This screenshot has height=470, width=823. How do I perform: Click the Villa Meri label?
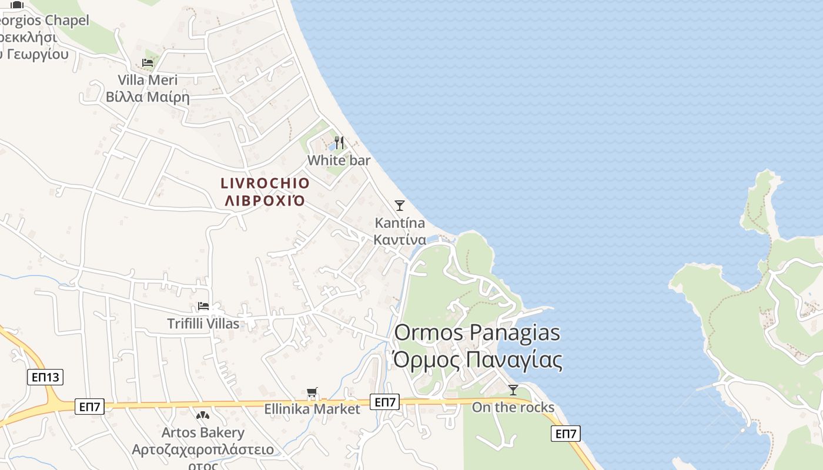coord(148,80)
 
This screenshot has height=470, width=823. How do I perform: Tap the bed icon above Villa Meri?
coord(148,63)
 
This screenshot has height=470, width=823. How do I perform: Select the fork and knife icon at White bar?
coord(339,143)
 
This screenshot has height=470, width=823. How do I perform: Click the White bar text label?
coord(339,160)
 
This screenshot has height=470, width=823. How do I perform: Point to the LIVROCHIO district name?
coord(265,183)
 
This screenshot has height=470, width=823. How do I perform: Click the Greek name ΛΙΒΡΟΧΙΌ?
coord(265,201)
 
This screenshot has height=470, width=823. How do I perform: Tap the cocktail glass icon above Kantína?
coord(400,205)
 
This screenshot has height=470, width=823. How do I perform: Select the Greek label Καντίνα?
coord(400,240)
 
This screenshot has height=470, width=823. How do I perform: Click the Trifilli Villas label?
coord(203,324)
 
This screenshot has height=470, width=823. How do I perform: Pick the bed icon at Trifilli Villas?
coord(203,306)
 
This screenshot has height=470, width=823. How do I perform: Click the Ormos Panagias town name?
coord(477,333)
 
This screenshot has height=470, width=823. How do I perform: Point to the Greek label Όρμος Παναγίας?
coord(477,360)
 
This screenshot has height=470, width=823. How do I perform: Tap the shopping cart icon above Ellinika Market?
coord(312,392)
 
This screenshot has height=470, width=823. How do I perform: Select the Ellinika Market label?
coord(312,409)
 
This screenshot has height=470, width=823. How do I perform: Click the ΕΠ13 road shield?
coord(45,377)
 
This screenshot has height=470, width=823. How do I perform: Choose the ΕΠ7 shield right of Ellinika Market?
coord(385,402)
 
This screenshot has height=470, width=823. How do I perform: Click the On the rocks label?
coord(513,407)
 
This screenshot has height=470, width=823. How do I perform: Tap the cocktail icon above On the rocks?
coord(513,390)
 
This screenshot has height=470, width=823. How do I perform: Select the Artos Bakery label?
coord(203,433)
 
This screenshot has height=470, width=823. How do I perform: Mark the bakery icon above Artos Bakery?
coord(203,416)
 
